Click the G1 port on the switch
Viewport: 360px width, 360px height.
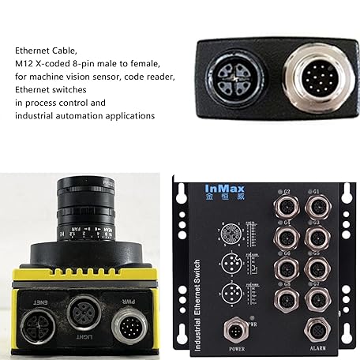[316, 208]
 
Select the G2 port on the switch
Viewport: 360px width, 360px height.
[283, 208]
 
